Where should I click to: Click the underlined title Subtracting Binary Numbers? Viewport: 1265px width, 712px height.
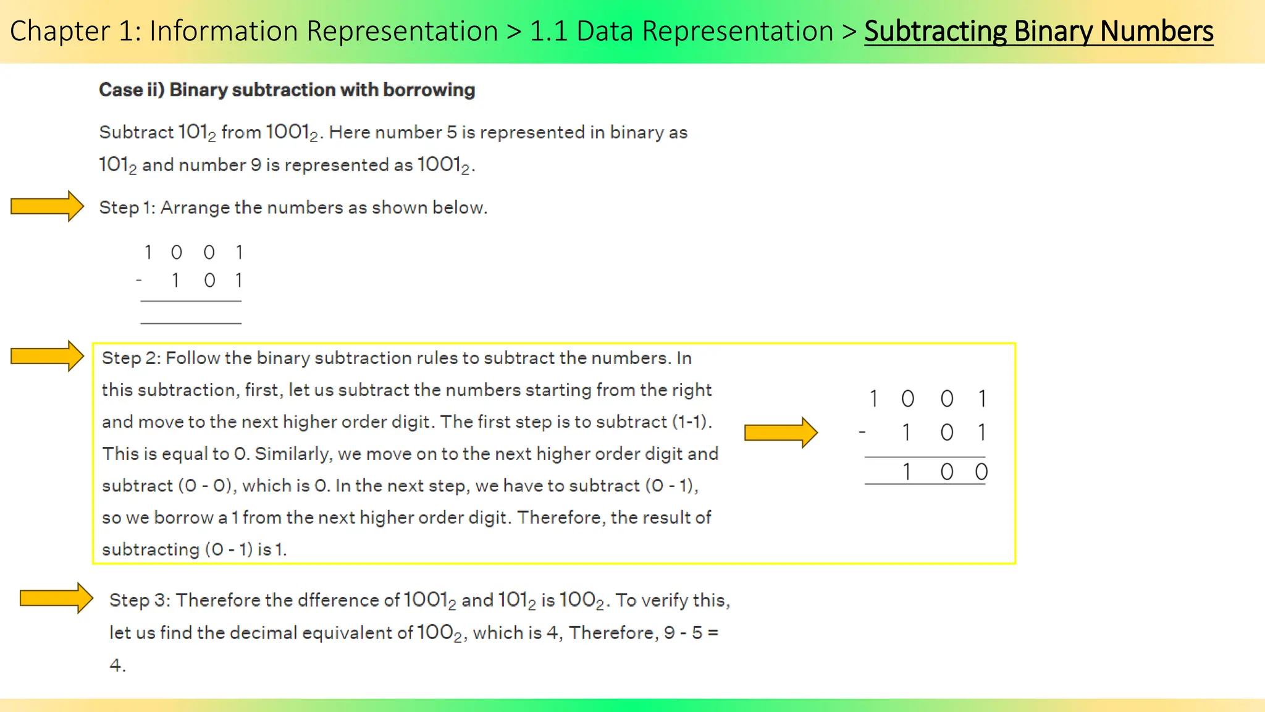[x=1038, y=31]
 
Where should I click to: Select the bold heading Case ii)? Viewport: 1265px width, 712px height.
[x=132, y=90]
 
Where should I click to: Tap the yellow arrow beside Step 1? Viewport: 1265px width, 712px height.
[x=47, y=206]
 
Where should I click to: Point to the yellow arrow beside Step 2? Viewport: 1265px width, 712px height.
[x=47, y=356]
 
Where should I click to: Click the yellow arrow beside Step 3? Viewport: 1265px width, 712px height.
[x=56, y=598]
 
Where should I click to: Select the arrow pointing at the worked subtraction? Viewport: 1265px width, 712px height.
[x=781, y=432]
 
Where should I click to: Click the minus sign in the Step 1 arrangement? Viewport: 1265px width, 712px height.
[x=139, y=281]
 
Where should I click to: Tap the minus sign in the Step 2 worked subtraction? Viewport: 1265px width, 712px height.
[x=862, y=432]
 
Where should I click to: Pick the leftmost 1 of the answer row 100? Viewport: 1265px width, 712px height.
[x=906, y=472]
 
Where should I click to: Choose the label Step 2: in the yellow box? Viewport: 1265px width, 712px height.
[x=130, y=358]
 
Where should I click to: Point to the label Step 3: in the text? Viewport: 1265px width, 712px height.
[x=140, y=600]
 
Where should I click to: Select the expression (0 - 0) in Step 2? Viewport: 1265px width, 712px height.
[x=207, y=486]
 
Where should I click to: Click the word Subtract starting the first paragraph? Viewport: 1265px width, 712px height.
[x=137, y=132]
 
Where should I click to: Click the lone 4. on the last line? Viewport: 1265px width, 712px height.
[x=117, y=665]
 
